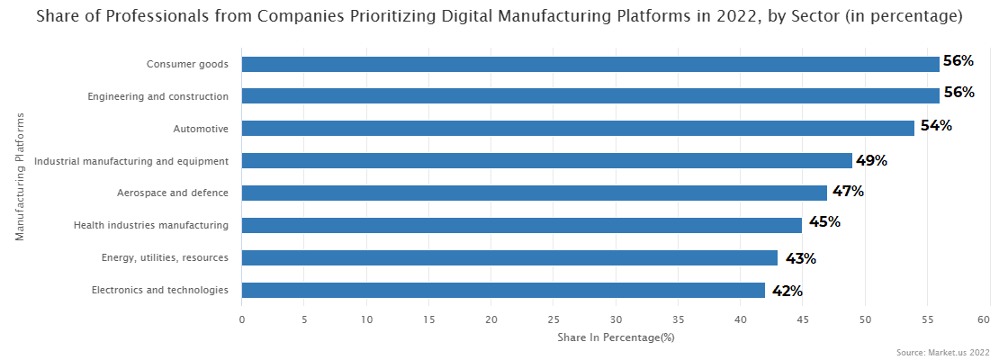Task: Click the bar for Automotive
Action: [578, 128]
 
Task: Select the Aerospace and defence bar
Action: [534, 193]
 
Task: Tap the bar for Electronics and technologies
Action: [503, 290]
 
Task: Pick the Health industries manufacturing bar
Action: [521, 225]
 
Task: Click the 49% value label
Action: [871, 160]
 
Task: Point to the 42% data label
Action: [787, 290]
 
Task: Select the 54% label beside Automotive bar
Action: [936, 126]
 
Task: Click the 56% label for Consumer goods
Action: [958, 61]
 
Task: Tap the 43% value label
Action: [800, 258]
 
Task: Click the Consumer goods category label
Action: [187, 64]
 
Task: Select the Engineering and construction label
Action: [157, 96]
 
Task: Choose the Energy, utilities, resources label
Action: [165, 258]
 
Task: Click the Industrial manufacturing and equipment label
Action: [131, 161]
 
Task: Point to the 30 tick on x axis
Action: [616, 319]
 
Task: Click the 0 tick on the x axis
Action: [242, 319]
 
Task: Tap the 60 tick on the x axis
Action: [990, 319]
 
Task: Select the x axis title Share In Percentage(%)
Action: [616, 337]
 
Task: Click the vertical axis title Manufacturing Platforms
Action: [19, 176]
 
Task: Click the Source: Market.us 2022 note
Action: [943, 352]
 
